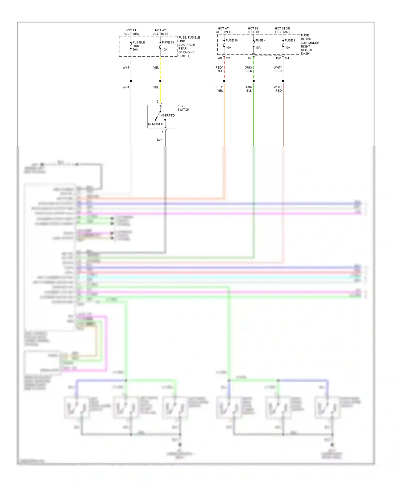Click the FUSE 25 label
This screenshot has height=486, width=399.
pos(168,42)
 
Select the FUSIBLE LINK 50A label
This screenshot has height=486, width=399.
pos(138,46)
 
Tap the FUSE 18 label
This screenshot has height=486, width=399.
pos(231,40)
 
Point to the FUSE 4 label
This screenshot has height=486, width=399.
pos(260,40)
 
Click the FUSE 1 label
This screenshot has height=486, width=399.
pos(290,40)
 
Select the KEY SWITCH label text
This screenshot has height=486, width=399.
pos(183,108)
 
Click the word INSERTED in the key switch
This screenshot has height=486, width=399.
pos(167,115)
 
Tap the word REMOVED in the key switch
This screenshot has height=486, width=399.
pos(156,124)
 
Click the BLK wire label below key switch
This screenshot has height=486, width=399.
pos(159,140)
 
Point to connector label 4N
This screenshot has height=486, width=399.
pos(220,58)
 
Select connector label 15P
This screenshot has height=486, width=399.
pos(278,58)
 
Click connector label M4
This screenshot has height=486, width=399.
pos(287,58)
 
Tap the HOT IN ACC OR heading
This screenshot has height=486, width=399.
pos(253,30)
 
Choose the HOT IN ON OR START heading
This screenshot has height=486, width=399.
pos(282,30)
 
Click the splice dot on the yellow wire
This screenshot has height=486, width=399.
pos(160,81)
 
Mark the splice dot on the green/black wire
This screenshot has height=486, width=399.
pos(253,81)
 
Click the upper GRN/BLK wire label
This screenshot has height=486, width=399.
pos(248,69)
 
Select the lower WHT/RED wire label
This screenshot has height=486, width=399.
pos(278,89)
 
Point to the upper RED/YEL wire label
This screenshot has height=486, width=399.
pos(219,69)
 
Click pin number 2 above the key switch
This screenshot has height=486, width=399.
pos(157,102)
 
